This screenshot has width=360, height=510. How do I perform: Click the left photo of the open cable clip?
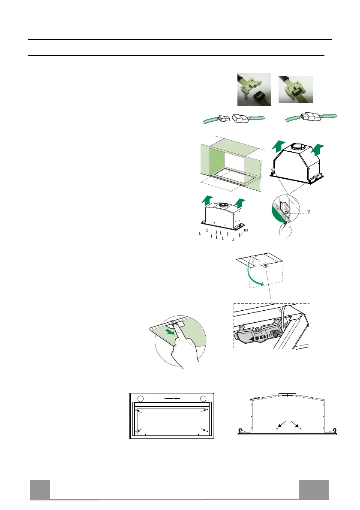[254, 89]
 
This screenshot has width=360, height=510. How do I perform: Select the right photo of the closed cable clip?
[295, 90]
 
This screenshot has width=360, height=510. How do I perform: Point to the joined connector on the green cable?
[310, 116]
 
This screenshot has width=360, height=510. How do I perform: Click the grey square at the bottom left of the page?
[40, 489]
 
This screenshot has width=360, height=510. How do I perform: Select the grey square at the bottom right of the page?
[314, 489]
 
